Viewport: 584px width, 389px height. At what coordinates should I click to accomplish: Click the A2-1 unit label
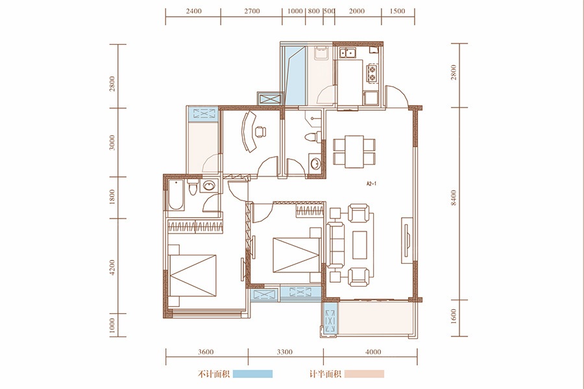point(372,183)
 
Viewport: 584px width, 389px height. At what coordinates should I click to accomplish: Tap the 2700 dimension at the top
point(252,11)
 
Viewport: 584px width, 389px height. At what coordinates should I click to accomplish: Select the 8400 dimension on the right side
point(454,198)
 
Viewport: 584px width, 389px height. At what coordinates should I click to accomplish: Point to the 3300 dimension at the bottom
point(285,352)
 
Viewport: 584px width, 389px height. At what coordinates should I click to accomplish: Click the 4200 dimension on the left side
point(112,267)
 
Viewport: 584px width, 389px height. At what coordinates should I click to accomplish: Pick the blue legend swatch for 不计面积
point(252,373)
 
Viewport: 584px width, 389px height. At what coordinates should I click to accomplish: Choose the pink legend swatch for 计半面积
point(364,373)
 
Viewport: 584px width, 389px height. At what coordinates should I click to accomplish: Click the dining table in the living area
point(354,152)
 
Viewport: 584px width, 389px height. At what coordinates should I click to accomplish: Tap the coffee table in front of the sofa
point(359,244)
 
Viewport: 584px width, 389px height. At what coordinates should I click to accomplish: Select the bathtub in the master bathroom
point(175,195)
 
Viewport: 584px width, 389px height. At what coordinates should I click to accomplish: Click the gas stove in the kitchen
point(372,73)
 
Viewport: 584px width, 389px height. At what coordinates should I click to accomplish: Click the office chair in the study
point(260,132)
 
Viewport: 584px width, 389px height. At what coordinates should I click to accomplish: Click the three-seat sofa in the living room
point(335,244)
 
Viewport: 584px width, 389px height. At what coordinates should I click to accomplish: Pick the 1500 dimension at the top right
point(397,11)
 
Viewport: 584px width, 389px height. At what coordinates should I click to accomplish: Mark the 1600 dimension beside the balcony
point(454,317)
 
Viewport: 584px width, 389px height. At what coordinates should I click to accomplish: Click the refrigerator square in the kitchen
point(371,99)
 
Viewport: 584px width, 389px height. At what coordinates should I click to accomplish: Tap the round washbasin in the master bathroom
point(209,185)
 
